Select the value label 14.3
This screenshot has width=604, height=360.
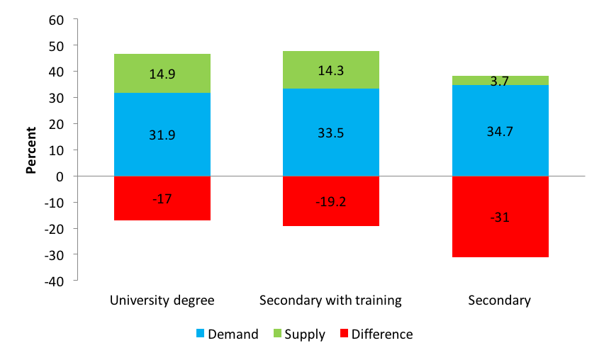pyautogui.click(x=331, y=71)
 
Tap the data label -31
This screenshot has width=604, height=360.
pyautogui.click(x=500, y=217)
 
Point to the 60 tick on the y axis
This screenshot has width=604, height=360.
pyautogui.click(x=57, y=19)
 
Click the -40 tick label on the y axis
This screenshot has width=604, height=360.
pyautogui.click(x=54, y=281)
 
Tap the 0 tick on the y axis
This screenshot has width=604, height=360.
pyautogui.click(x=60, y=176)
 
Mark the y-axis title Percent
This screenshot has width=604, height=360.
pyautogui.click(x=32, y=150)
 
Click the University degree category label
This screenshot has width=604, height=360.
pyautogui.click(x=162, y=300)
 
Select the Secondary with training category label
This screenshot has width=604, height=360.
pyautogui.click(x=331, y=300)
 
